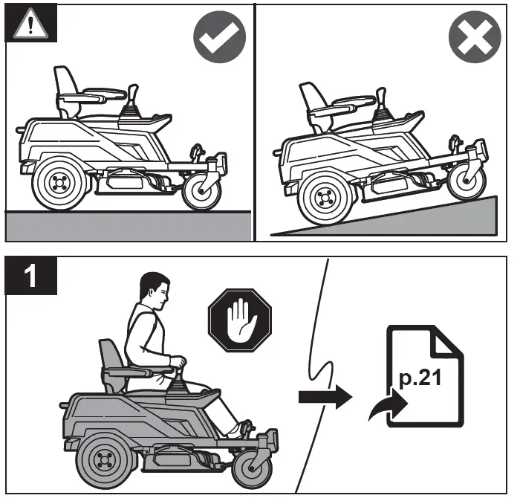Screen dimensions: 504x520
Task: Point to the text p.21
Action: tap(419, 378)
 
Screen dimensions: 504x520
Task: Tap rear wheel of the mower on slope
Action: tap(322, 198)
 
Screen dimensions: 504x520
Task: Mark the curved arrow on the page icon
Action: tap(388, 411)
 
